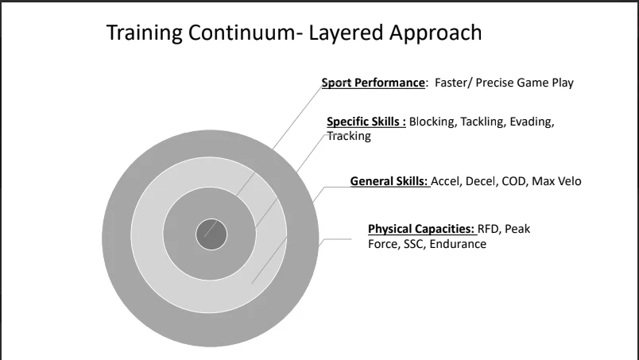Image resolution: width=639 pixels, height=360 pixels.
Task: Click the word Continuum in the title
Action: tap(242, 33)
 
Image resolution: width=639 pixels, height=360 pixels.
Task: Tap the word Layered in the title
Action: tap(346, 33)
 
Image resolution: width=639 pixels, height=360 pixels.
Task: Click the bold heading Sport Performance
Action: tap(374, 83)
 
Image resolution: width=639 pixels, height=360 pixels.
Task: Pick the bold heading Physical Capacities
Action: tap(421, 229)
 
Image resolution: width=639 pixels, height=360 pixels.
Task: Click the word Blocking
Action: tap(433, 122)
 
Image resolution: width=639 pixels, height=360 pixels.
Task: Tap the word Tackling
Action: tap(483, 122)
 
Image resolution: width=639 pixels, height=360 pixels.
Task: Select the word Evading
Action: tap(532, 122)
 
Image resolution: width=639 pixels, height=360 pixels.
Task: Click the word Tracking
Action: tap(349, 136)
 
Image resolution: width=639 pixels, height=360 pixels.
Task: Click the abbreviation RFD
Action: tap(489, 229)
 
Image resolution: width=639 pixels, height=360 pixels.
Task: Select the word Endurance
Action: tap(458, 244)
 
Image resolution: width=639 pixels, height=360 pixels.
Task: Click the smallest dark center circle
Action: tap(211, 234)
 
